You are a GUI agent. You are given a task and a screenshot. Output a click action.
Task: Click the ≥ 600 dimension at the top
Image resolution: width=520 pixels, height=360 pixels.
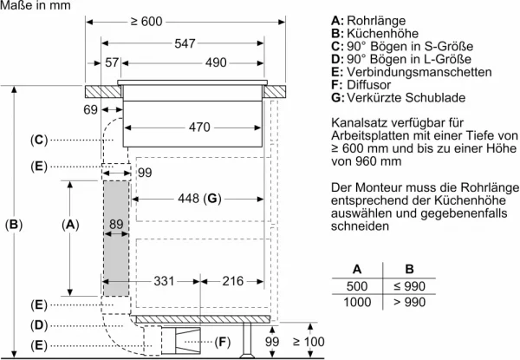(146, 22)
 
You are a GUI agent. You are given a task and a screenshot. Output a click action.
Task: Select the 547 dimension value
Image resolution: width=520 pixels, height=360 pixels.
(185, 43)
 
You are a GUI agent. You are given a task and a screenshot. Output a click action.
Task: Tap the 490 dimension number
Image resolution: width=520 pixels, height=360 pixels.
(216, 62)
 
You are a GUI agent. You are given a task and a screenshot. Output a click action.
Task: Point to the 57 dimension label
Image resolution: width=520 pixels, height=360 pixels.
(112, 62)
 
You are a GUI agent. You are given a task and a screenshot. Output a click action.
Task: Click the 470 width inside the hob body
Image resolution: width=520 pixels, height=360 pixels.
(199, 128)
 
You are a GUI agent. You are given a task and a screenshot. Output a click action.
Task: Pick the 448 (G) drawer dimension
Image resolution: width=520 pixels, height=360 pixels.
(199, 199)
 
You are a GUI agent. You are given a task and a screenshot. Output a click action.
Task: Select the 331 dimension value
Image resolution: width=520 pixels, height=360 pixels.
(164, 281)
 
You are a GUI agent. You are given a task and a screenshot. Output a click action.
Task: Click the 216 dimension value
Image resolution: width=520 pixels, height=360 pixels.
(233, 281)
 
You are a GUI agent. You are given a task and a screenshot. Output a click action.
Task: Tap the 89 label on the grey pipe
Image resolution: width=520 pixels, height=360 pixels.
(116, 225)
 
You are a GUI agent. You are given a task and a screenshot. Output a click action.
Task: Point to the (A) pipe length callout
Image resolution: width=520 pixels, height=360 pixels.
(70, 225)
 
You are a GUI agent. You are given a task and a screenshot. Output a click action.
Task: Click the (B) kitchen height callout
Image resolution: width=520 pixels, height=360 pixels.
(14, 225)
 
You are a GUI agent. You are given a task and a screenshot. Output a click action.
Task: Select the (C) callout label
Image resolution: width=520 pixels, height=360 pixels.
(39, 140)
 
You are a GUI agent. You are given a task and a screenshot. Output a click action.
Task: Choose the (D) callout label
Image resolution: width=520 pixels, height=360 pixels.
(39, 325)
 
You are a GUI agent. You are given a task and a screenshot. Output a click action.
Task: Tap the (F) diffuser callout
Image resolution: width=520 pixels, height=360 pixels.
(222, 342)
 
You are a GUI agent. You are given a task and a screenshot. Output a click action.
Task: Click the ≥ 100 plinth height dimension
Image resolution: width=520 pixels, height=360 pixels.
(309, 342)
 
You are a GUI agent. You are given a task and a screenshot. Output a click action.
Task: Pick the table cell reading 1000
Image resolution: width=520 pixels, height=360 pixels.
(357, 302)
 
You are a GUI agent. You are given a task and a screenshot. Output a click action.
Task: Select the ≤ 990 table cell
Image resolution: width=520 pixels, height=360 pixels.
(410, 286)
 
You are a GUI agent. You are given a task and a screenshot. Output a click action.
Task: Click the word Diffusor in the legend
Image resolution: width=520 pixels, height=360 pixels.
(369, 85)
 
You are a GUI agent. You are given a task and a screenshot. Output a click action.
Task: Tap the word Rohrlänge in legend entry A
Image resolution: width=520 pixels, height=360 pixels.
(376, 21)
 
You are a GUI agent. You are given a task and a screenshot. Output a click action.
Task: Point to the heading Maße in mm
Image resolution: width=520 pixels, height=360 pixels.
(36, 5)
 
